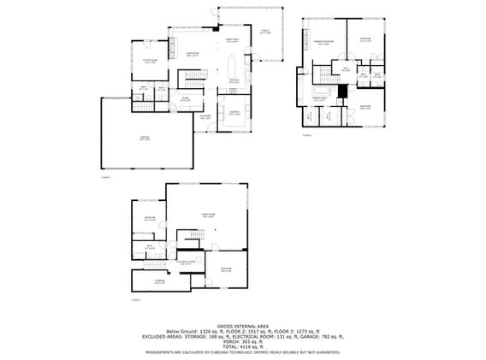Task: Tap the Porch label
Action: pyautogui.click(x=265, y=32)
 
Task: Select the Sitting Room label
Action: pyautogui.click(x=151, y=61)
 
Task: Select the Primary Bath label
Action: pyautogui.click(x=318, y=100)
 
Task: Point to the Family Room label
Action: pyautogui.click(x=207, y=215)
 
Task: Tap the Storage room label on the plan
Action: pyautogui.click(x=160, y=280)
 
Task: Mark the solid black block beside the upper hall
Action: pyautogui.click(x=342, y=91)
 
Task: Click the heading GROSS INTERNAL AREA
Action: pyautogui.click(x=243, y=326)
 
